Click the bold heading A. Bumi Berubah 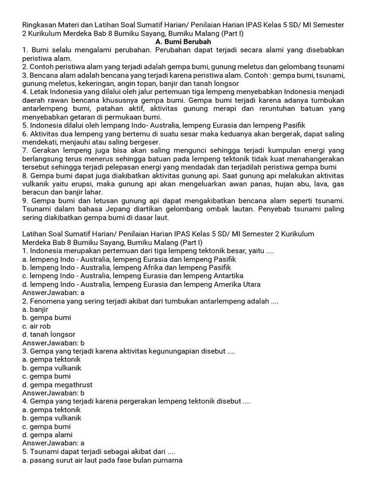tap(183, 42)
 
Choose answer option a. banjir tap(35, 309)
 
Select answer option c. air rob tap(36, 326)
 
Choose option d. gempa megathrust tap(57, 384)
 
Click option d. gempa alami tap(47, 435)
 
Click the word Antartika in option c tap(227, 276)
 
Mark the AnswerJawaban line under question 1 tap(54, 293)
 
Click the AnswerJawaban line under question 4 tap(54, 443)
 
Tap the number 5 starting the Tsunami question tap(25, 451)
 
